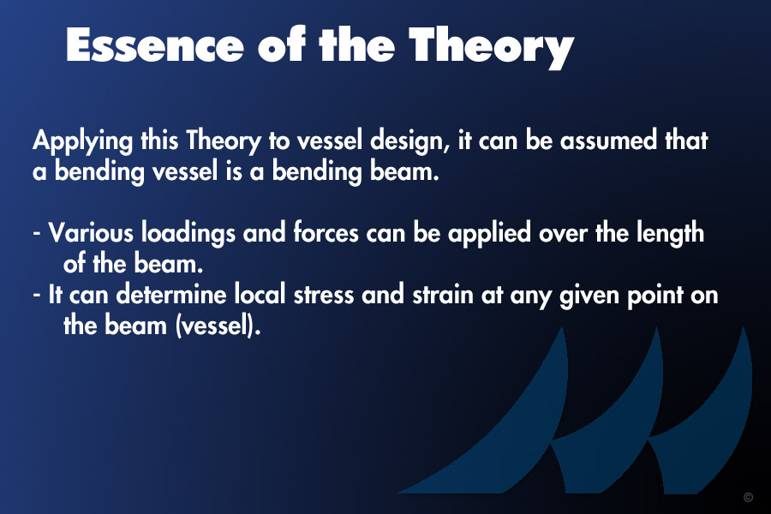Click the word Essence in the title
coord(155,45)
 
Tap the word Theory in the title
coord(491,47)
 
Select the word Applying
coord(82,141)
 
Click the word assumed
coord(608,140)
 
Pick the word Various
coord(91,233)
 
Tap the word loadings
coord(188,233)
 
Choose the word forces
coord(326,233)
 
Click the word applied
coord(489,234)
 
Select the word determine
coord(171,295)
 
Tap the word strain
coord(443,295)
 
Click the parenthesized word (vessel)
coord(218,326)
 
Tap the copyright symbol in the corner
coord(749,497)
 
